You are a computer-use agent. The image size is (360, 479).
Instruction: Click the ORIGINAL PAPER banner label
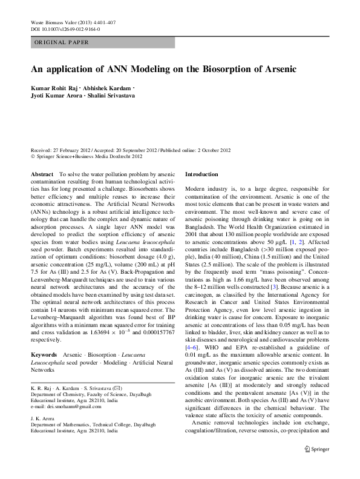tap(61, 42)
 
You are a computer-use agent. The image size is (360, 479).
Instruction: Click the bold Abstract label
tap(41, 174)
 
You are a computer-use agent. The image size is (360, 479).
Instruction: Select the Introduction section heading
tap(205, 174)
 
